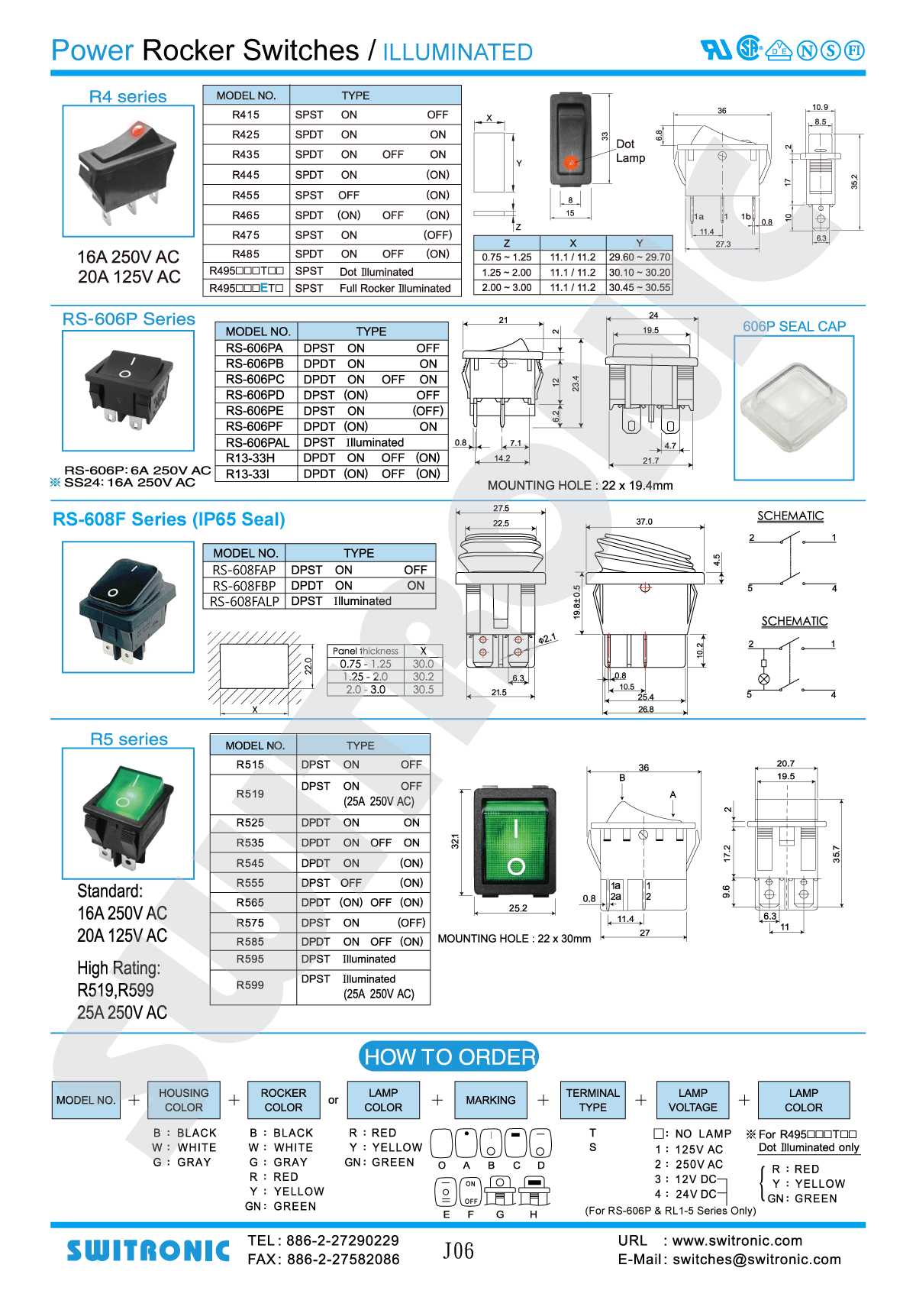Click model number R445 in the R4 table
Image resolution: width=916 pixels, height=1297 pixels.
[246, 175]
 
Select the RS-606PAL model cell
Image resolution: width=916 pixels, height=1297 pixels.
[257, 442]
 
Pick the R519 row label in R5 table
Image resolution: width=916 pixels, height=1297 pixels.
[250, 794]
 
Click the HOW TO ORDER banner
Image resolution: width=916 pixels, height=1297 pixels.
[449, 1057]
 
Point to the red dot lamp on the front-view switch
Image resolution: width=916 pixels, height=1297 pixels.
[570, 162]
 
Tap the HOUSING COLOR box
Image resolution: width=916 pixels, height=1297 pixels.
[184, 1100]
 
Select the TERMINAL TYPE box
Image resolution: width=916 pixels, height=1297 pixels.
[593, 1100]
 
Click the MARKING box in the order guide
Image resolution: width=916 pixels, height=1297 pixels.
[491, 1100]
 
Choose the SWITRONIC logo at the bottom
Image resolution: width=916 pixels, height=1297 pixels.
[148, 1250]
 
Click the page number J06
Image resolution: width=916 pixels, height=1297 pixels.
[458, 1250]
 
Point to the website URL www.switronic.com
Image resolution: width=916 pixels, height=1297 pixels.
[737, 1240]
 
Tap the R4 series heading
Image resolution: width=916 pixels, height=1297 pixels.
[127, 96]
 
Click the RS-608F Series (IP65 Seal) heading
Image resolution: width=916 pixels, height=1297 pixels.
[169, 519]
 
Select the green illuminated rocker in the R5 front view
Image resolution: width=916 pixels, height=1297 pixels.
[516, 840]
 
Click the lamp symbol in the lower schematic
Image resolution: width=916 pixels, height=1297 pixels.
[763, 679]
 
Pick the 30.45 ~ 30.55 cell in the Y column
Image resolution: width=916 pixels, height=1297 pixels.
[639, 288]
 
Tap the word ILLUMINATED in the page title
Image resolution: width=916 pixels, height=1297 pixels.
[457, 52]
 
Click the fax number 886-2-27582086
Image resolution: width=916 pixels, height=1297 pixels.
[343, 1260]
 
